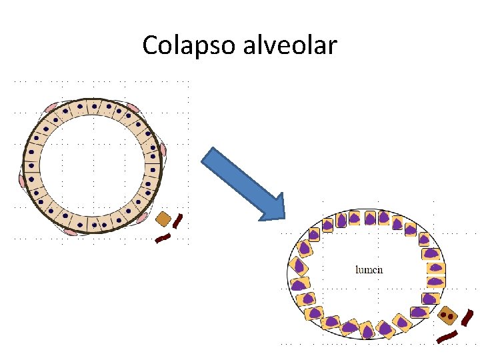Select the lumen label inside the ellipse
[x=369, y=270]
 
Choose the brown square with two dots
[x=448, y=315]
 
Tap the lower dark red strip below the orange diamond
[x=163, y=237]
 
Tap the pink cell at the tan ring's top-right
[x=133, y=107]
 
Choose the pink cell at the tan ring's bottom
[x=72, y=231]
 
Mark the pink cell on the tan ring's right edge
[x=162, y=149]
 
